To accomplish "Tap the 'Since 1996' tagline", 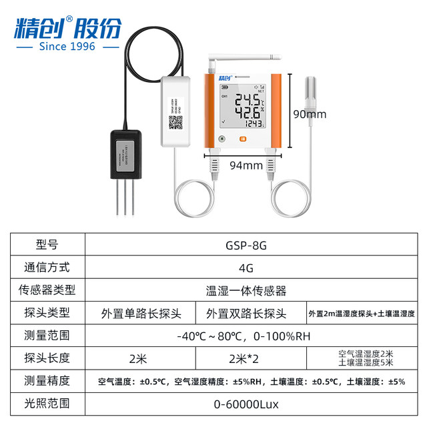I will [67, 46].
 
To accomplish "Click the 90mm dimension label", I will [310, 114].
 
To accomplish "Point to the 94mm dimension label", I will [244, 165].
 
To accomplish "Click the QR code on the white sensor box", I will [175, 123].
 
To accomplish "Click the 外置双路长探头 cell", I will [246, 313].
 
